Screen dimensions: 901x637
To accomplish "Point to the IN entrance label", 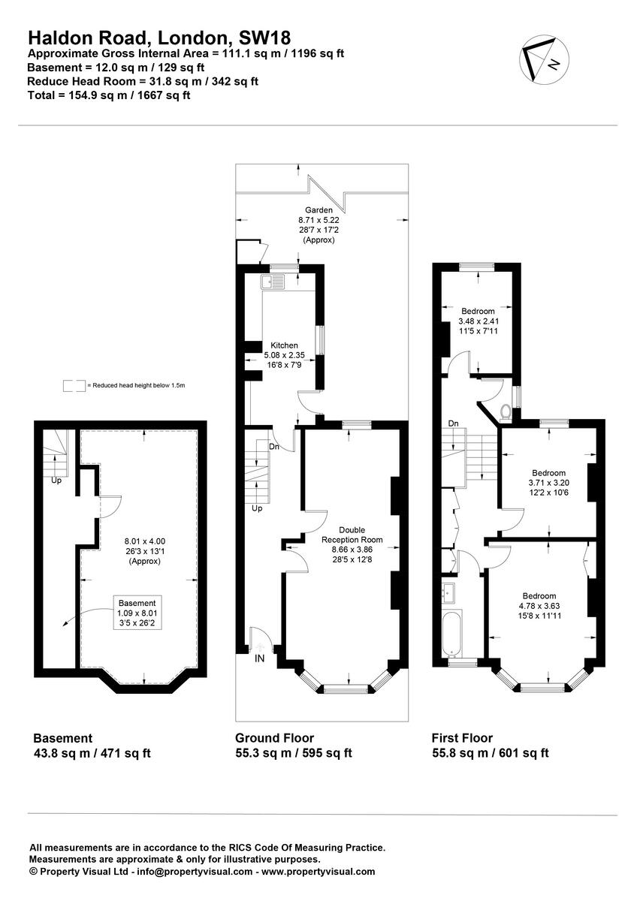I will click(260, 658).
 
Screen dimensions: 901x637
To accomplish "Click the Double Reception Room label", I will click(352, 535).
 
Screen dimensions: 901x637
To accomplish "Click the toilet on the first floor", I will click(506, 411).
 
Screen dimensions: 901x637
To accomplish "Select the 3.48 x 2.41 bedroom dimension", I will click(478, 321).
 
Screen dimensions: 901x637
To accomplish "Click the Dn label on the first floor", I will click(454, 423).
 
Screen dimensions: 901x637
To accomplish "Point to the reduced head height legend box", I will click(74, 385).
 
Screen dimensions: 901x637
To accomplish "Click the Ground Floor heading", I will click(275, 738).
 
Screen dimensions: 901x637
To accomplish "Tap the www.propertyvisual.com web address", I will click(318, 872).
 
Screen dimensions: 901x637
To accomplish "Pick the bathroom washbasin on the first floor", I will click(451, 590).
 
